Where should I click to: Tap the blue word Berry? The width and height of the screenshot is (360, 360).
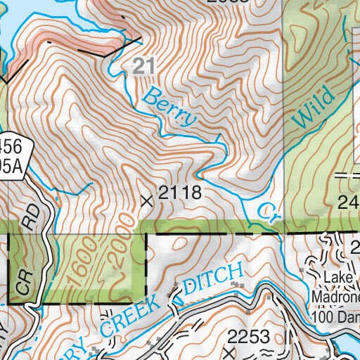coord(170,108)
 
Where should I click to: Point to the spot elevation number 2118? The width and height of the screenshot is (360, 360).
coord(180,193)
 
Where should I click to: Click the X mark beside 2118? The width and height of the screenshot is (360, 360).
coord(147,200)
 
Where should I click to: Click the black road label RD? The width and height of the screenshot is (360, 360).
coord(30,217)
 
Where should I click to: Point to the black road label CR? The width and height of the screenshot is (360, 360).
coord(24,283)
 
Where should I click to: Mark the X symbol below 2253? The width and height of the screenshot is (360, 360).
coord(228,349)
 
